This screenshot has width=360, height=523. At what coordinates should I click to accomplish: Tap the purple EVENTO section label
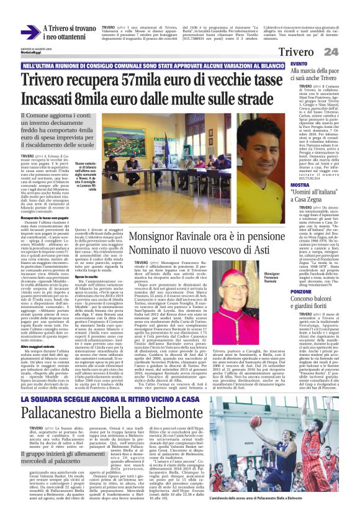(299, 64)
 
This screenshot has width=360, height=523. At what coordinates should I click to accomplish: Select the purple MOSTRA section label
(300, 185)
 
